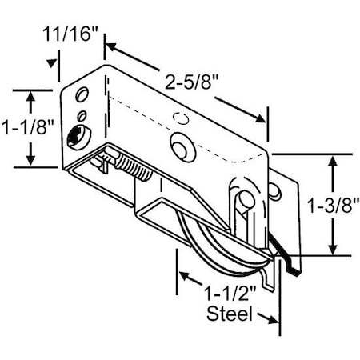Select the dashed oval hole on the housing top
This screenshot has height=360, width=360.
point(181,118)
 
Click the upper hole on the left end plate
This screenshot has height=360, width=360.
point(82,97)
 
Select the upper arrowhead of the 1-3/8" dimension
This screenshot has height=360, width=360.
point(331,159)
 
